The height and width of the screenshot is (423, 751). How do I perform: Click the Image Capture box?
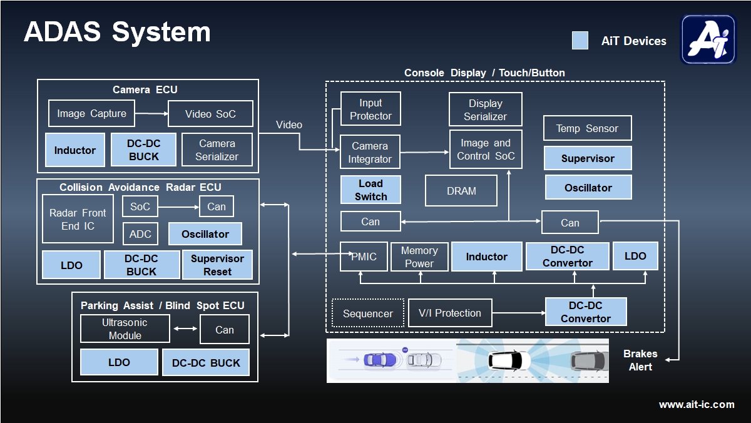tap(91, 113)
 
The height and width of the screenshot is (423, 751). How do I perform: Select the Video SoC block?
tap(210, 114)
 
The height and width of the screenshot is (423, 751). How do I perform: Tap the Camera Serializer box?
tap(217, 150)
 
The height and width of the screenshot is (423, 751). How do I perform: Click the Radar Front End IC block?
tap(78, 219)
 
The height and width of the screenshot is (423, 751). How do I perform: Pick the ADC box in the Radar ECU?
tap(140, 234)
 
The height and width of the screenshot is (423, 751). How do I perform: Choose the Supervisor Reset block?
tap(217, 265)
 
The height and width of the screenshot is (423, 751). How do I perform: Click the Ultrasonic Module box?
tap(125, 329)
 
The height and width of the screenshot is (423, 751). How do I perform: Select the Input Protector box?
tap(370, 109)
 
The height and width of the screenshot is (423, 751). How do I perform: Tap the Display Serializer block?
tap(485, 110)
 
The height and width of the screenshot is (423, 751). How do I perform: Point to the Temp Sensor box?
tap(587, 128)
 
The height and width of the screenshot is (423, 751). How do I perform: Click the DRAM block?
tap(461, 191)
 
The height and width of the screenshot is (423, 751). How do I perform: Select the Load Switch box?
tap(370, 190)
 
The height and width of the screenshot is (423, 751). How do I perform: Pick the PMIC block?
tap(364, 257)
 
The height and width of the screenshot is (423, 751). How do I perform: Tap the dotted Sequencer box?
tap(368, 313)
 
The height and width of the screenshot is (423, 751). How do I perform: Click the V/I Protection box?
tap(449, 313)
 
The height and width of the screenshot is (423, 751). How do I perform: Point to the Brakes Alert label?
tap(640, 360)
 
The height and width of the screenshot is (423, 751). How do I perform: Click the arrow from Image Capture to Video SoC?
tap(151, 113)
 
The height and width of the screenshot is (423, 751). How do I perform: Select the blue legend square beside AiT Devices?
tap(580, 41)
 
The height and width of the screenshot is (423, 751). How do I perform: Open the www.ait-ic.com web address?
tap(697, 404)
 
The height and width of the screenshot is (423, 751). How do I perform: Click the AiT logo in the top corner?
tap(708, 39)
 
